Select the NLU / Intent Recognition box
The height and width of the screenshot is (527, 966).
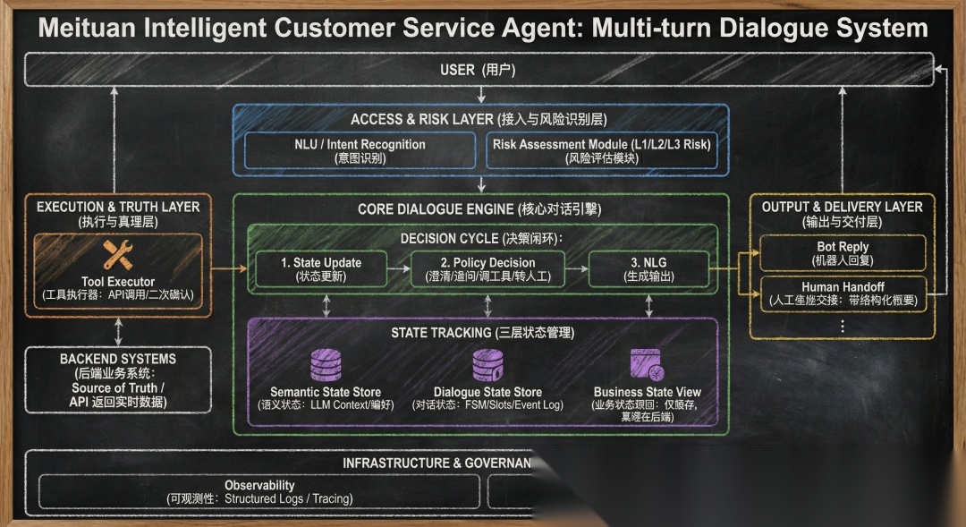click(x=360, y=150)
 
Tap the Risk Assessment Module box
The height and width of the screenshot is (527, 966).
click(x=601, y=150)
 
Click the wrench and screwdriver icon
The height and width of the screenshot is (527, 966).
click(x=118, y=256)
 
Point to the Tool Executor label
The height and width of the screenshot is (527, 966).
click(x=118, y=282)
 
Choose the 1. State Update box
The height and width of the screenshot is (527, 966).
click(x=321, y=269)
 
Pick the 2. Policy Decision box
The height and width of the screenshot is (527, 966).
click(x=488, y=269)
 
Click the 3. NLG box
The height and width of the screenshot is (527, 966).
click(x=648, y=269)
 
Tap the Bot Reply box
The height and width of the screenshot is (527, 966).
click(x=843, y=253)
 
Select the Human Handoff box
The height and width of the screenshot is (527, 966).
click(x=843, y=293)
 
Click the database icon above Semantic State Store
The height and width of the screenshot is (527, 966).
click(x=325, y=365)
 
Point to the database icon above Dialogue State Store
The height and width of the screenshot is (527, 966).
click(x=487, y=365)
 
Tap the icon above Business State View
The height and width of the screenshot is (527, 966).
click(x=647, y=365)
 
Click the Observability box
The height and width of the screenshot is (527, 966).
click(x=259, y=492)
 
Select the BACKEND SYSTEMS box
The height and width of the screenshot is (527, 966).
click(x=118, y=380)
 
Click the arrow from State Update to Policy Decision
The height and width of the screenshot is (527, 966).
click(x=399, y=269)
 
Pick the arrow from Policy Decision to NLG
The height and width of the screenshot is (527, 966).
click(x=576, y=269)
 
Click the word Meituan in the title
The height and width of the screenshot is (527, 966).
click(x=89, y=28)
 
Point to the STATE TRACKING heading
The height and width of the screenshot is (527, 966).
click(x=483, y=333)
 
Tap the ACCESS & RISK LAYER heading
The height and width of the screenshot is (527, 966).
click(x=479, y=119)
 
